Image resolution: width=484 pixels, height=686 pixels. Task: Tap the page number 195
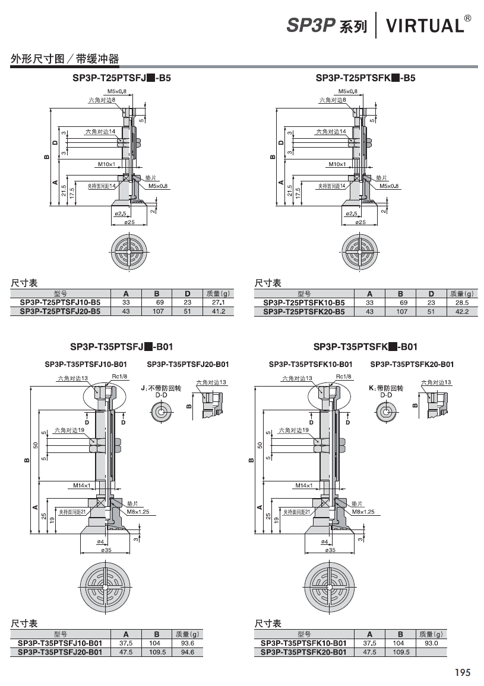tap(463, 672)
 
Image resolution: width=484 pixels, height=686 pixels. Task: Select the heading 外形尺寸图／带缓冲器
tap(64, 59)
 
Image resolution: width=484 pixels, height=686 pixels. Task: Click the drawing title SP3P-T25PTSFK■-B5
tap(365, 78)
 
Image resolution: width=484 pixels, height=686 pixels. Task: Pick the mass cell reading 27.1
tap(218, 302)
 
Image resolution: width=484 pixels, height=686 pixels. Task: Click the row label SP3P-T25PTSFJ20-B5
tap(60, 311)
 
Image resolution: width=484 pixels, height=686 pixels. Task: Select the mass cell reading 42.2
tap(461, 311)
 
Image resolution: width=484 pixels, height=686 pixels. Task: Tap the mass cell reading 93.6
tap(188, 643)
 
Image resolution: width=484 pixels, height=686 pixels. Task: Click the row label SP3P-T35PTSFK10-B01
tap(303, 643)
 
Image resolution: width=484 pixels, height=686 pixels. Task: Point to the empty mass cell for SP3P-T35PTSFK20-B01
tap(431, 652)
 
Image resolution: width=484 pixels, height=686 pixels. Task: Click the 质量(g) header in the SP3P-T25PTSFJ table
tap(218, 293)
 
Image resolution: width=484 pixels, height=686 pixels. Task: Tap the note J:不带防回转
tap(161, 388)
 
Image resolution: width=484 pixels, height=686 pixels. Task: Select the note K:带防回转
tap(386, 388)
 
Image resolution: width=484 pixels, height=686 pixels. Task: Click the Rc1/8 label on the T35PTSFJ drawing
tap(119, 376)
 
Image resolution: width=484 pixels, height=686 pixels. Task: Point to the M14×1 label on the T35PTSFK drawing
tap(303, 485)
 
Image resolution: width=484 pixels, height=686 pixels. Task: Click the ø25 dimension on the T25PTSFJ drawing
tap(129, 222)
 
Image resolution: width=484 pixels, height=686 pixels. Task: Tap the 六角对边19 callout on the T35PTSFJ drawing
tap(69, 430)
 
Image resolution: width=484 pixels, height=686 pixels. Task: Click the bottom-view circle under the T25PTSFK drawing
tap(360, 251)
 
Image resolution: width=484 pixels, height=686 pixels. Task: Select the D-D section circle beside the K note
tap(386, 411)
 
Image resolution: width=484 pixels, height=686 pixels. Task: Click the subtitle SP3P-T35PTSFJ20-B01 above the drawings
tap(188, 364)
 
